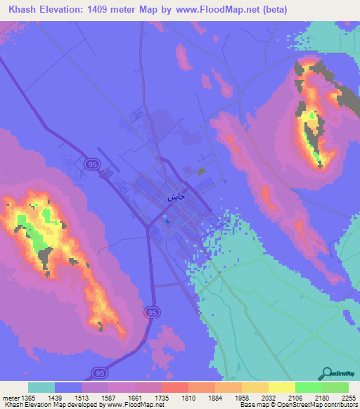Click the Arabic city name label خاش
click(176, 197)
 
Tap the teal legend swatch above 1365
click(41, 388)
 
